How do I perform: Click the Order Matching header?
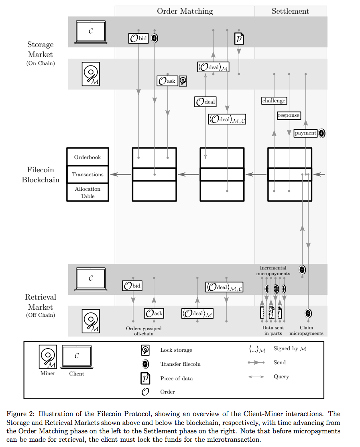pyautogui.click(x=185, y=11)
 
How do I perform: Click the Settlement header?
pyautogui.click(x=290, y=11)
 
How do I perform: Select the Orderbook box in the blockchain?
pyautogui.click(x=87, y=157)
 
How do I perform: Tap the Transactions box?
pyautogui.click(x=87, y=174)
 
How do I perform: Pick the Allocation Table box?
pyautogui.click(x=87, y=192)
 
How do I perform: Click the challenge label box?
pyautogui.click(x=274, y=101)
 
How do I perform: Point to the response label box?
pyautogui.click(x=289, y=115)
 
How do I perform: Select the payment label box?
pyautogui.click(x=305, y=133)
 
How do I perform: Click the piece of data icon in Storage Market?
pyautogui.click(x=239, y=39)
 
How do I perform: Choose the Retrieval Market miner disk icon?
pyautogui.click(x=91, y=321)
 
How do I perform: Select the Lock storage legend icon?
pyautogui.click(x=145, y=350)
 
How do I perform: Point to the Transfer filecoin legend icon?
pyautogui.click(x=145, y=364)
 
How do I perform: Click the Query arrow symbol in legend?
pyautogui.click(x=256, y=377)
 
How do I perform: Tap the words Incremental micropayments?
pyautogui.click(x=273, y=271)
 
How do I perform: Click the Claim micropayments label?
pyautogui.click(x=306, y=331)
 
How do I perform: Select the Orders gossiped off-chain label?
pyautogui.click(x=144, y=331)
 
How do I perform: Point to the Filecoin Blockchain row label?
pyautogui.click(x=40, y=175)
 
